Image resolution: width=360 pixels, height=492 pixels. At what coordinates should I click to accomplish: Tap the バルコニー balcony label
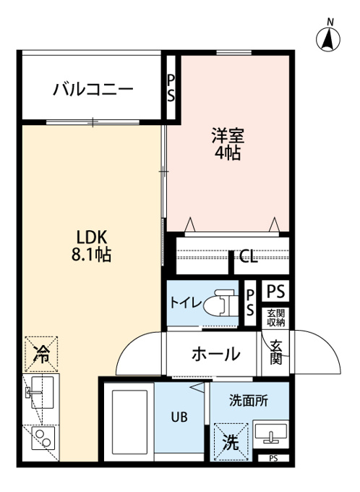[x=93, y=90]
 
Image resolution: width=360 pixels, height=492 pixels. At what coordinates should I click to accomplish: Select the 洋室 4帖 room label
[x=228, y=145]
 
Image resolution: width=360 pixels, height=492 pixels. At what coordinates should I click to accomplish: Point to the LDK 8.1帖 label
[x=91, y=246]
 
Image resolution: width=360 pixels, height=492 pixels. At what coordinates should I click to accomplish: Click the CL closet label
[x=249, y=257]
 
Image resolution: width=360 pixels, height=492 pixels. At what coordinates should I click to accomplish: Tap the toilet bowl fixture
[x=220, y=304]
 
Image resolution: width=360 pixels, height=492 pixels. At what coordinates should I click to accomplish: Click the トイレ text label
[x=186, y=302]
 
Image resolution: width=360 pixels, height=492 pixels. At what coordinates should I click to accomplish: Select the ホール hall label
[x=216, y=354]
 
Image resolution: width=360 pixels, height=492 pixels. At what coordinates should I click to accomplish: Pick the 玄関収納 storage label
[x=276, y=318]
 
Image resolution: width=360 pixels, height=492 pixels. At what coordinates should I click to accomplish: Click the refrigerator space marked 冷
[x=41, y=355]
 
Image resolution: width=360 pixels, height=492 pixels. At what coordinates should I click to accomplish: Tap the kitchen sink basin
[x=43, y=392]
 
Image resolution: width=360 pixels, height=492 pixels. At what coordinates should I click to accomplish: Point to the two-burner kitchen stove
[x=43, y=438]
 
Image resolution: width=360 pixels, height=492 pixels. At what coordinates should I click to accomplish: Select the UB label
[x=179, y=417]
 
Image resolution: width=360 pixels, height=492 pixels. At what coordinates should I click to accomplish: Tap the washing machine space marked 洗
[x=231, y=442]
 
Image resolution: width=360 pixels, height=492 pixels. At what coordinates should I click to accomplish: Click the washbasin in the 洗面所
[x=271, y=433]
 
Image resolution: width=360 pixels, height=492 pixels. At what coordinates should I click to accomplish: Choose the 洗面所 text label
[x=249, y=401]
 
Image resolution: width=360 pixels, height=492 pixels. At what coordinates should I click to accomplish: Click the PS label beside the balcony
[x=171, y=88]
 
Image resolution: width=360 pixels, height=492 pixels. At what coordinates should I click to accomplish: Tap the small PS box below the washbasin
[x=273, y=459]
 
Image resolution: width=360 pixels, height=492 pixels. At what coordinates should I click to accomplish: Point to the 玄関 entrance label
[x=276, y=352]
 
